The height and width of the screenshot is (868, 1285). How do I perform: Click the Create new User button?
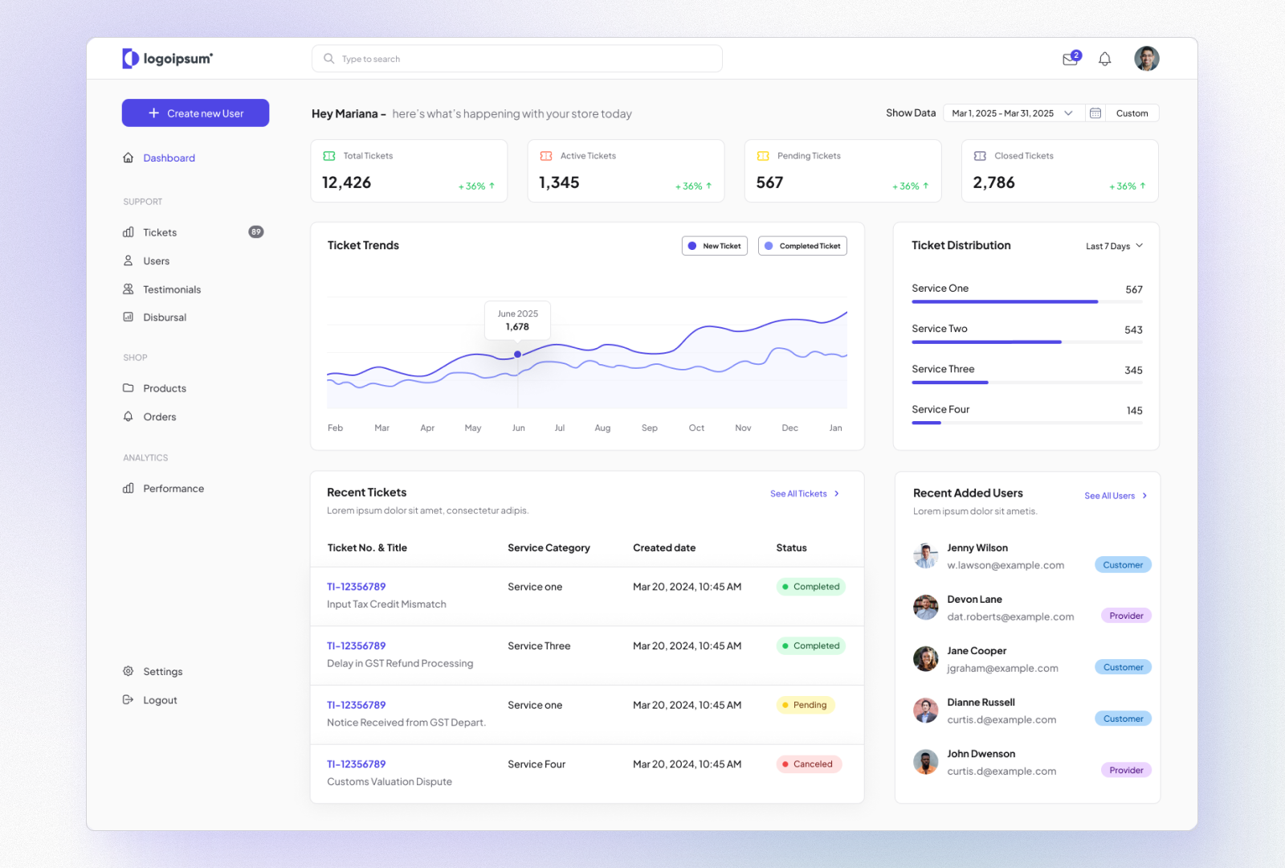[195, 113]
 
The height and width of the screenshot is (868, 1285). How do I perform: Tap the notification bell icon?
[1104, 59]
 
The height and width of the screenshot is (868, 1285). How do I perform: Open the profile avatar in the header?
[1146, 59]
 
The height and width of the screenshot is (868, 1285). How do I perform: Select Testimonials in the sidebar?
[171, 289]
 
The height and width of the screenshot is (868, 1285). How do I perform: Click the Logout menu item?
[160, 700]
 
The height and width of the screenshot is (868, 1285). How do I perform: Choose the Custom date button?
[1132, 113]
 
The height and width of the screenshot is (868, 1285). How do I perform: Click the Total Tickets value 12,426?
[347, 183]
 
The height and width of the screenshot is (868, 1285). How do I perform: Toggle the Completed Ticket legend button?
[802, 246]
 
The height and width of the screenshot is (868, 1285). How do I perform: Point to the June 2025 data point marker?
[518, 354]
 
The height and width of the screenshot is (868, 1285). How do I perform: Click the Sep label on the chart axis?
[650, 428]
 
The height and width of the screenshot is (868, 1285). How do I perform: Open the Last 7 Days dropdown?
[1114, 246]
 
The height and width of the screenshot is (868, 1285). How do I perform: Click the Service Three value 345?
[1133, 371]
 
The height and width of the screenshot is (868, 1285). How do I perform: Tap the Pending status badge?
[806, 705]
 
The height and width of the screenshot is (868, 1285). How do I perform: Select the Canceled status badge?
[809, 764]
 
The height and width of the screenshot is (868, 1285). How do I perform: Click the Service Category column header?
[549, 548]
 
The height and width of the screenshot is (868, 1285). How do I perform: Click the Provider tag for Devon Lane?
[1126, 616]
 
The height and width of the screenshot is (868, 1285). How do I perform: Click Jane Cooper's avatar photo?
[926, 659]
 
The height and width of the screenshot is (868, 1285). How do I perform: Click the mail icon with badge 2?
[1071, 59]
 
